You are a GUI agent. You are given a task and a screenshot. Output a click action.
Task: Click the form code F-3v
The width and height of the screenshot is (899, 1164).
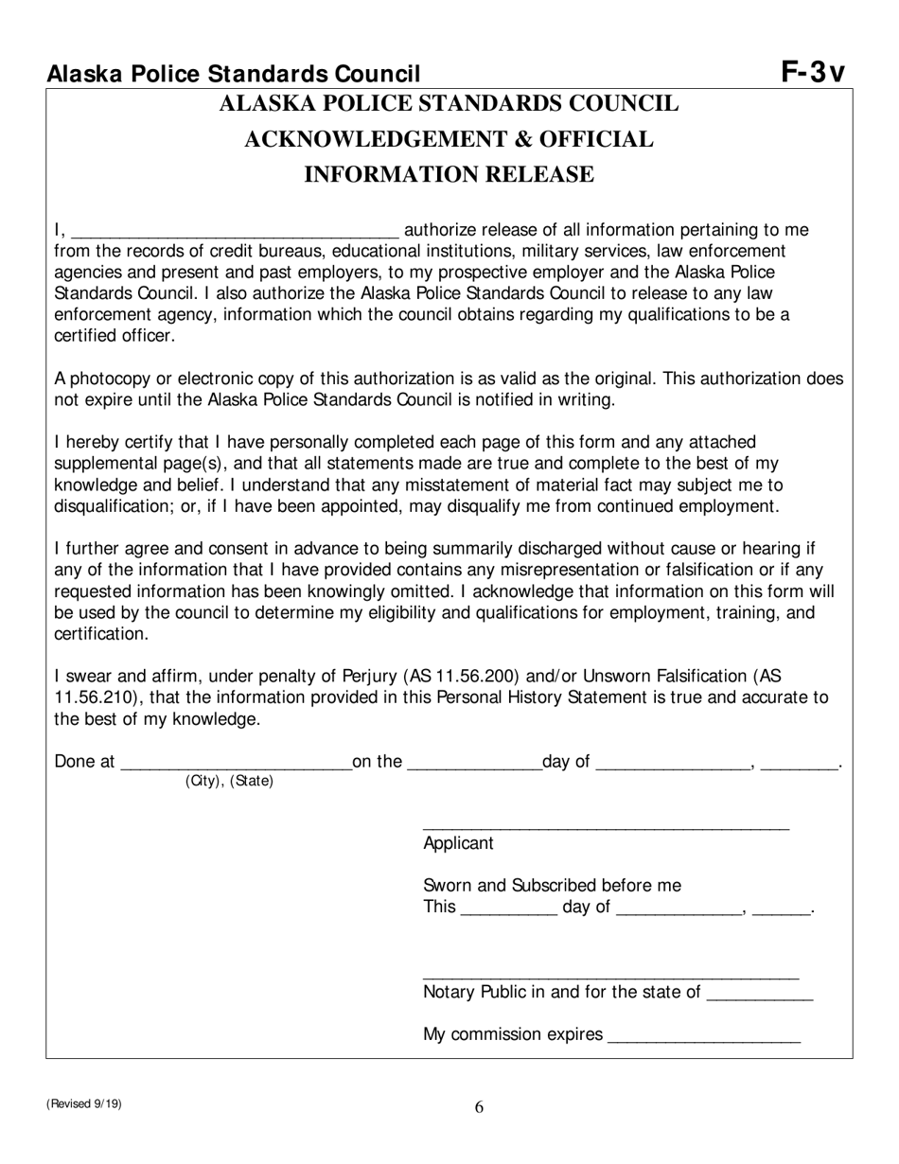pos(813,72)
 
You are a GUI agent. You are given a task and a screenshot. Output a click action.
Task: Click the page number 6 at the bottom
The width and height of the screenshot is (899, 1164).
pos(479,1107)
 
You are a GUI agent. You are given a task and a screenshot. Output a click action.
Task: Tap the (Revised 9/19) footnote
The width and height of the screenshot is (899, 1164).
pos(83,1103)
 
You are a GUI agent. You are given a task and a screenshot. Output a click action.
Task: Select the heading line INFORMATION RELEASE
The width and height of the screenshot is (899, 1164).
pos(449,174)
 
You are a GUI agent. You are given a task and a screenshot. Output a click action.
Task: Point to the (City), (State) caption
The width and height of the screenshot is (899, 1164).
pos(229,782)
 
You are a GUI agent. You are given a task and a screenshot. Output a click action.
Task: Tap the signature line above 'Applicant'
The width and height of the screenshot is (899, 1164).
pos(606,826)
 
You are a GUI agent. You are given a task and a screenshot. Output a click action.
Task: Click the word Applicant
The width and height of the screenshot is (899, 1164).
pos(458,843)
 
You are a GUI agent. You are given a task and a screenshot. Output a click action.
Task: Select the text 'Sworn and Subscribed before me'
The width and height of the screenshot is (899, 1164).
pos(552,886)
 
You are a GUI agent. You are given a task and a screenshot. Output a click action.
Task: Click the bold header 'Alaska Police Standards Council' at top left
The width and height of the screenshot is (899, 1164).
pos(234,74)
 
